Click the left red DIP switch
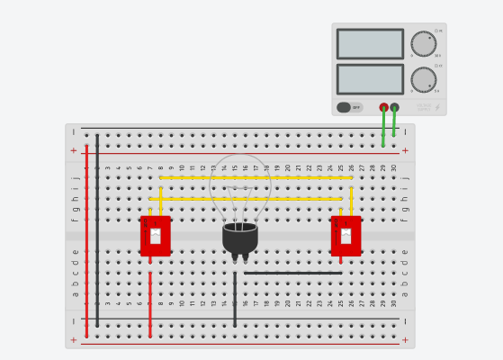point(155,236)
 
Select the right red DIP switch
point(346,236)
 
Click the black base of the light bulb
point(240,238)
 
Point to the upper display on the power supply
point(370,44)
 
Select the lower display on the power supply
point(370,79)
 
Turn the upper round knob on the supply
point(423,43)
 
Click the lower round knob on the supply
point(423,79)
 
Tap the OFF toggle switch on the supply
point(350,107)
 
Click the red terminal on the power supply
point(384,107)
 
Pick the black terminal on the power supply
point(395,107)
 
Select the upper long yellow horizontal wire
point(256,177)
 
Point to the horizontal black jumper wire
point(292,273)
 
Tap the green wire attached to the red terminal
point(383,129)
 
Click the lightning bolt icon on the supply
point(437,107)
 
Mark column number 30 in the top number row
point(393,167)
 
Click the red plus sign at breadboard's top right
point(405,151)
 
